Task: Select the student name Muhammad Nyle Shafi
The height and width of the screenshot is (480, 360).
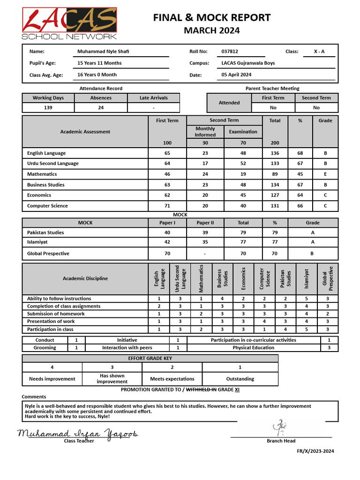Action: pyautogui.click(x=103, y=52)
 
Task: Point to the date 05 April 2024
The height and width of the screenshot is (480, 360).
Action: pyautogui.click(x=236, y=75)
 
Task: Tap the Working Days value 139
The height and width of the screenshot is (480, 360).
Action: pyautogui.click(x=48, y=107)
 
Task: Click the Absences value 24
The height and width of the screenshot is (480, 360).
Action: pyautogui.click(x=101, y=107)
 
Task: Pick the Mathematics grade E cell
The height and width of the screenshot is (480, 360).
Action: pyautogui.click(x=325, y=174)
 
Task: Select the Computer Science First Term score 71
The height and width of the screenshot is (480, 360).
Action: pyautogui.click(x=167, y=206)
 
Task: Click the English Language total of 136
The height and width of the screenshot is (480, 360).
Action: pyautogui.click(x=275, y=153)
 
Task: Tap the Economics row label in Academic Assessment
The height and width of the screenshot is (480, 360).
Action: pyautogui.click(x=39, y=195)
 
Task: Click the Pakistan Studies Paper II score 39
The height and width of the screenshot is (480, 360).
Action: pyautogui.click(x=205, y=232)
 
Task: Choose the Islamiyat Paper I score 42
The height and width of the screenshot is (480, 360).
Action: pyautogui.click(x=167, y=242)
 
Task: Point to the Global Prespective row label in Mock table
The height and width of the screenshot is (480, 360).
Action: pyautogui.click(x=48, y=254)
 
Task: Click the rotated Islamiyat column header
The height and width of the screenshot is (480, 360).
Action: pyautogui.click(x=307, y=278)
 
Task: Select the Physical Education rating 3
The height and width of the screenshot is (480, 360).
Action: pyautogui.click(x=329, y=348)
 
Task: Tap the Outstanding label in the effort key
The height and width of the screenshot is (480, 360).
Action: pyautogui.click(x=240, y=379)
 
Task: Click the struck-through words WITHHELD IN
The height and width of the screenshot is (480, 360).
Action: pyautogui.click(x=201, y=390)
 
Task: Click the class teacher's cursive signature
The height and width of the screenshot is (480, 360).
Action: pyautogui.click(x=78, y=434)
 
